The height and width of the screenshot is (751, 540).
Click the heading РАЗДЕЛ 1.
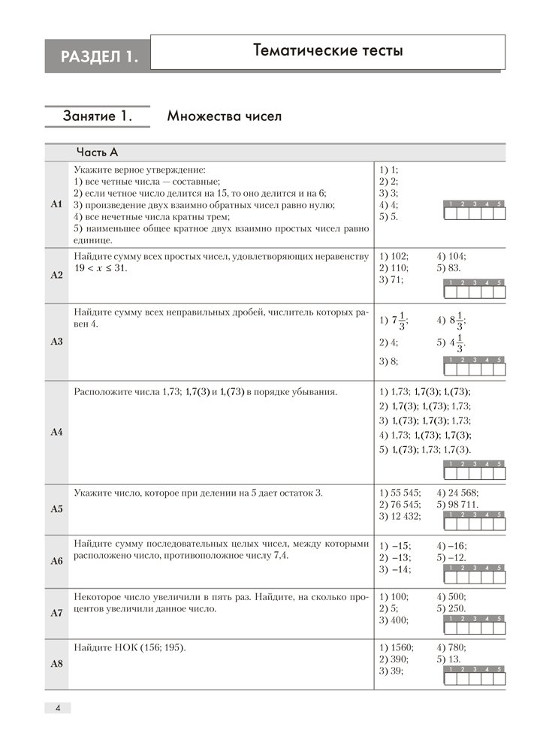coord(98,55)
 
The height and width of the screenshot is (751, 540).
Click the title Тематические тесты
coord(328,51)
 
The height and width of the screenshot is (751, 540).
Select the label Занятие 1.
coord(98,116)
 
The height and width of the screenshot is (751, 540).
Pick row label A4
coord(56,432)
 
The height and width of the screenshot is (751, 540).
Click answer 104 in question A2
coord(451,255)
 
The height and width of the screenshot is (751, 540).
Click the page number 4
coord(57,707)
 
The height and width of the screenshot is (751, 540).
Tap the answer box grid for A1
coord(474,213)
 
